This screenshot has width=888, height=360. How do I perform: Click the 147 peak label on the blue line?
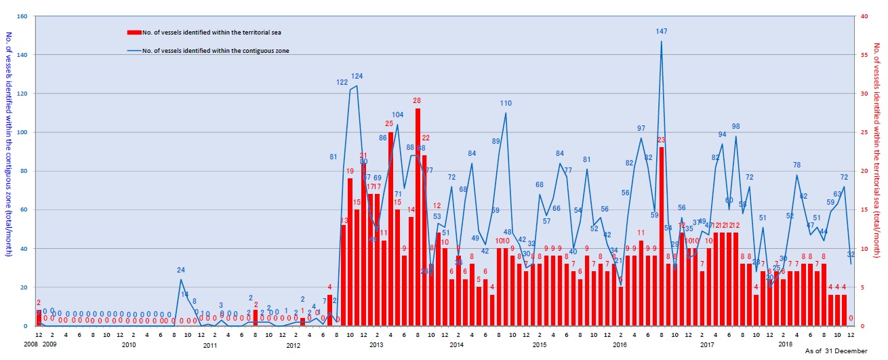662,32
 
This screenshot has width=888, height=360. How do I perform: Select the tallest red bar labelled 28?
418,217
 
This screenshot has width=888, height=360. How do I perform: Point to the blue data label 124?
357,76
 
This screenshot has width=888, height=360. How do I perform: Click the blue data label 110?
506,104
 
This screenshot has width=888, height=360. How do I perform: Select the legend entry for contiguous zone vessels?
209,51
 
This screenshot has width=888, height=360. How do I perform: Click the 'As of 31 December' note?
836,351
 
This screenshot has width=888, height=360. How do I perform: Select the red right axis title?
879,144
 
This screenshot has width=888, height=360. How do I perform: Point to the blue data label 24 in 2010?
181,271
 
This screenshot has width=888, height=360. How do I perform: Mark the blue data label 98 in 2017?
735,127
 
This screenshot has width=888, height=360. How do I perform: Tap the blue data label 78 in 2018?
797,165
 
